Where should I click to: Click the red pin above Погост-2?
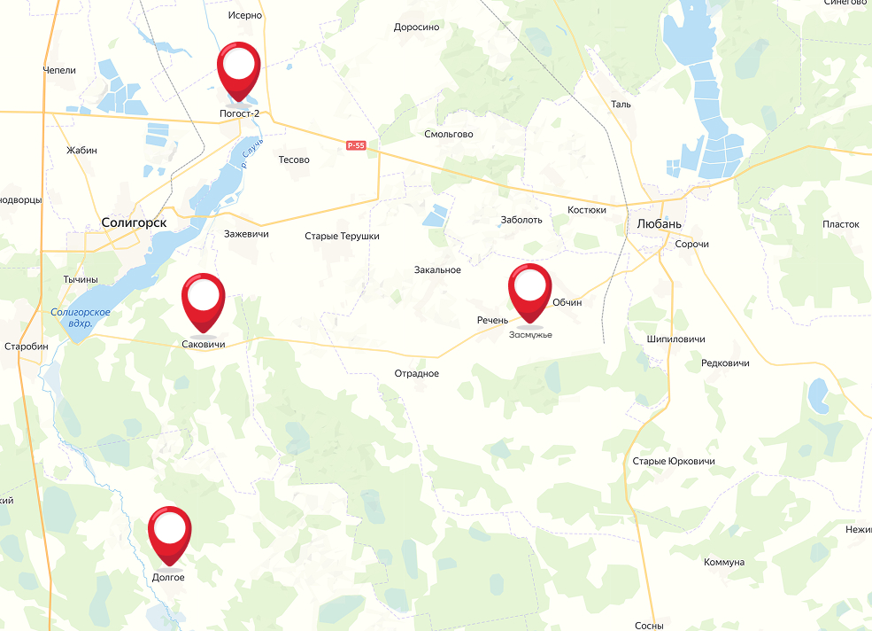pos(238,66)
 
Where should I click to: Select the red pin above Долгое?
pos(170,530)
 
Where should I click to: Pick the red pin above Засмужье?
pos(530,287)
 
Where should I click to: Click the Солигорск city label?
pos(134,223)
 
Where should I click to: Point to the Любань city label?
pos(660,223)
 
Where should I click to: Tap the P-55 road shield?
pos(356,145)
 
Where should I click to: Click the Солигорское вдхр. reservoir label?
pos(80,317)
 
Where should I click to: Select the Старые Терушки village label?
pos(342,237)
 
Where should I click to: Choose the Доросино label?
pos(416,27)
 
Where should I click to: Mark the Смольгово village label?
pos(449,135)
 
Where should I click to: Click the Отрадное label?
pos(417,373)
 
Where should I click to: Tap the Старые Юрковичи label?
pos(674,462)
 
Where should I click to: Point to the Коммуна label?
pos(724,563)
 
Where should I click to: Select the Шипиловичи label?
pos(676,339)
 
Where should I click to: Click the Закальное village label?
pos(437,270)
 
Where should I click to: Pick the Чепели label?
pos(59,70)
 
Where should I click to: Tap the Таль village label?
pos(621,104)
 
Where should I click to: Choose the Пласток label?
pos(841,224)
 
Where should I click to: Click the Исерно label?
pos(245,16)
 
